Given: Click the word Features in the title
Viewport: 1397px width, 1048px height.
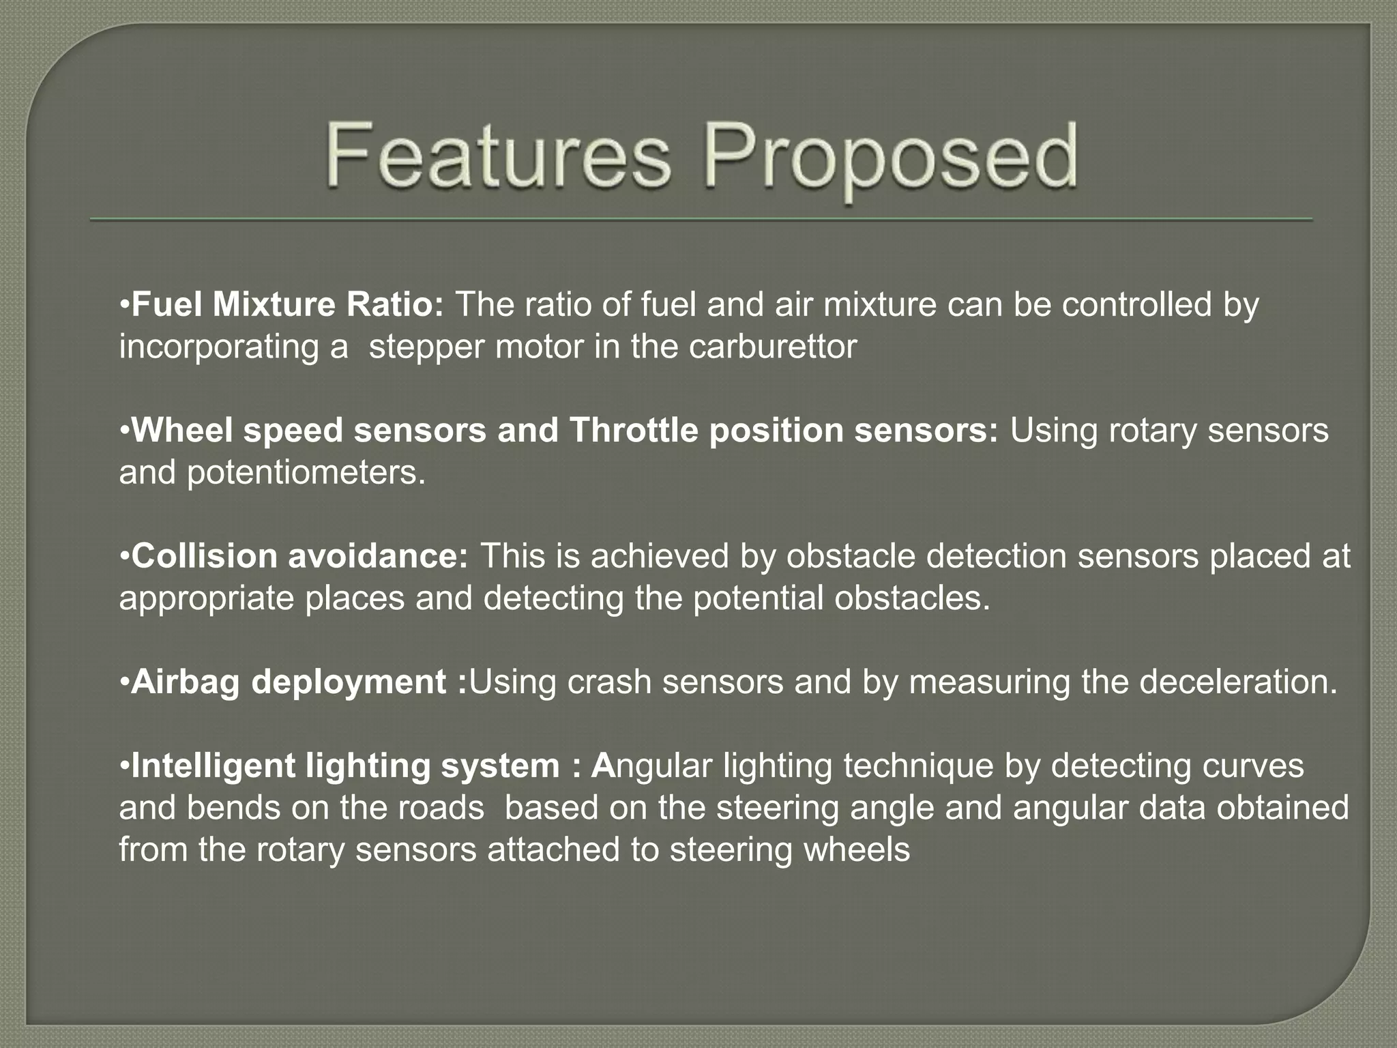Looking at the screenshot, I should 498,156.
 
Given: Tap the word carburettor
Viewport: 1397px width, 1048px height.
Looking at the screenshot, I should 772,347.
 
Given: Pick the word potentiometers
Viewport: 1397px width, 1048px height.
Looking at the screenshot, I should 306,473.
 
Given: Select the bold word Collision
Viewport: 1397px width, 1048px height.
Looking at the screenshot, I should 204,556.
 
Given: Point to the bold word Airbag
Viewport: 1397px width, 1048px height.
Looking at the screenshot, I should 186,682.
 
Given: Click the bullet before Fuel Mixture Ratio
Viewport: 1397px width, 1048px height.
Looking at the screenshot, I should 124,304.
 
